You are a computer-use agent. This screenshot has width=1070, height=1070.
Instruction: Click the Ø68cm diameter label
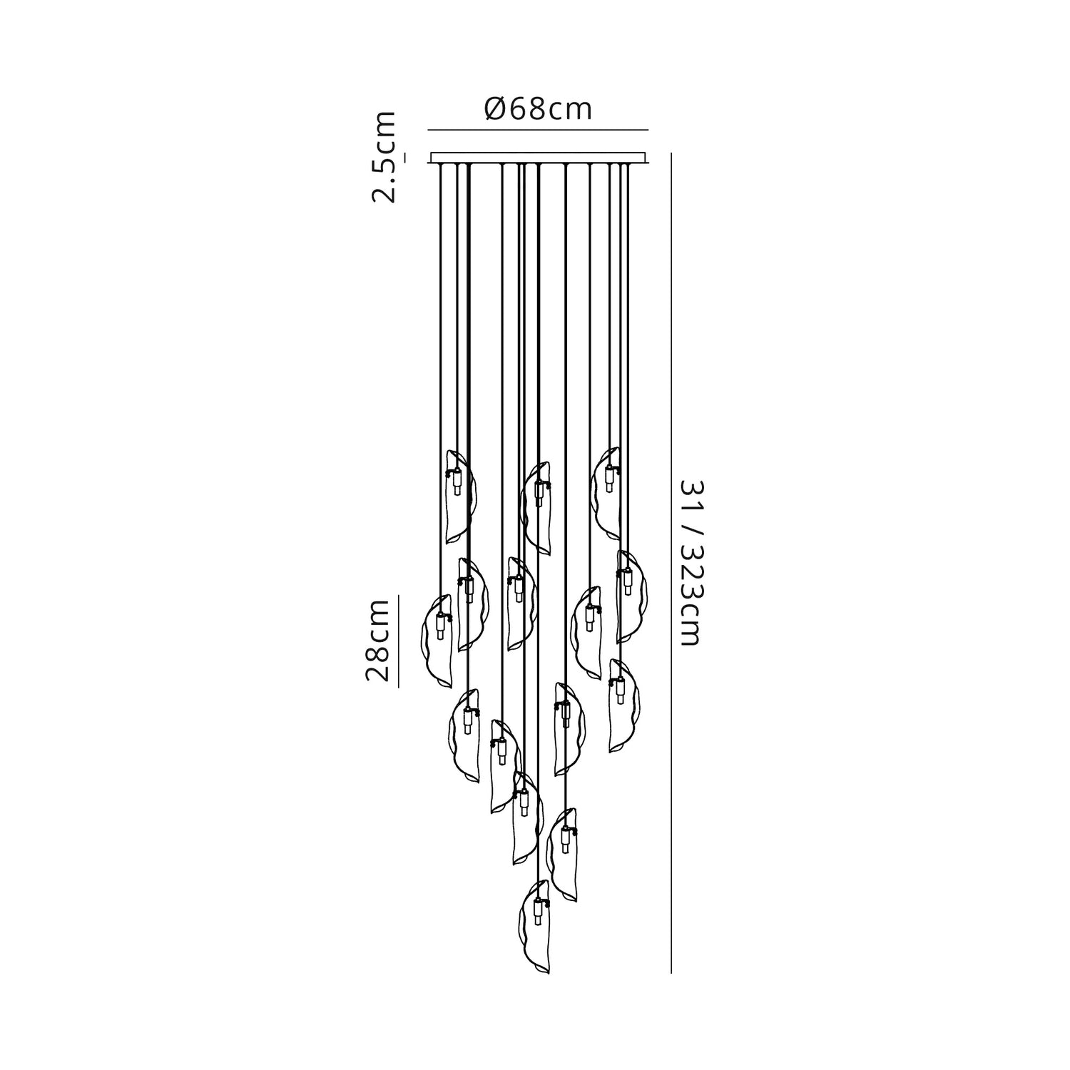point(538,109)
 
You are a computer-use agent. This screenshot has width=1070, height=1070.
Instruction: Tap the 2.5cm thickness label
point(384,157)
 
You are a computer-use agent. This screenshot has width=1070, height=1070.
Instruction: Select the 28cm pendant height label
point(377,641)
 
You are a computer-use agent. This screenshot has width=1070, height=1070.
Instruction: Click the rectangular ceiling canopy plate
point(538,158)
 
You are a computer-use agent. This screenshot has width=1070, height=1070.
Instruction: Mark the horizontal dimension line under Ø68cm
point(538,130)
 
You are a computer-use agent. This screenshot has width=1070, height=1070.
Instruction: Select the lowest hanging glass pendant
point(536,927)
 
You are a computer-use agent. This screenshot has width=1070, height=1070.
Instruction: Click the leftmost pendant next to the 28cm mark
point(438,641)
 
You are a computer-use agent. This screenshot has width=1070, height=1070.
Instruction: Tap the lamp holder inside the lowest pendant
point(537,912)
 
